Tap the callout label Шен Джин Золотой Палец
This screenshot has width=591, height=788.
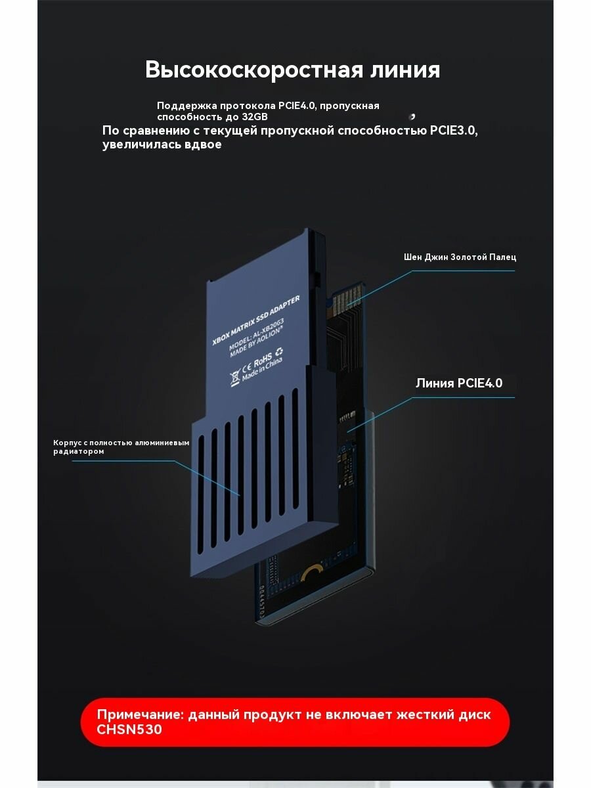[460, 257]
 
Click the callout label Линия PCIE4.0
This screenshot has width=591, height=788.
[459, 383]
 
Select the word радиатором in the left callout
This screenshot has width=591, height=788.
[79, 452]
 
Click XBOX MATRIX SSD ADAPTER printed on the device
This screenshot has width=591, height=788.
[257, 320]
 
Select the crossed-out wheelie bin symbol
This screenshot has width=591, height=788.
[235, 379]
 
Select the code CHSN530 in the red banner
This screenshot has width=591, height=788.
[129, 730]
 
